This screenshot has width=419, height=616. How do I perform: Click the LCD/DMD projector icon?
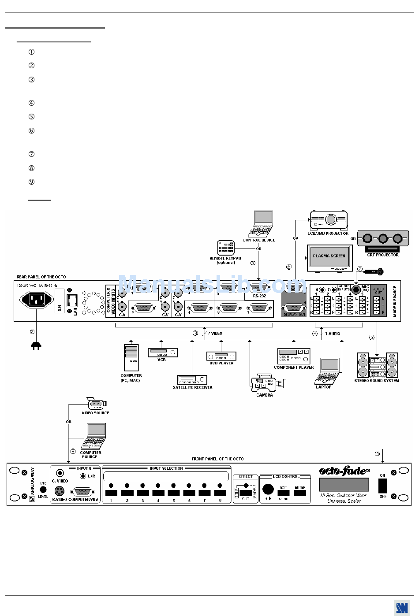pos(329,220)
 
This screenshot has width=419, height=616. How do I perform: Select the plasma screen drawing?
pos(329,257)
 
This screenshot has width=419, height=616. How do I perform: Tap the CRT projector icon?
pos(382,239)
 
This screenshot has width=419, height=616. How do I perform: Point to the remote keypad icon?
pos(225,248)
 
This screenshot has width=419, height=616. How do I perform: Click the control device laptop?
pos(262,224)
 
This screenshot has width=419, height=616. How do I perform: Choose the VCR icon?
pos(162,353)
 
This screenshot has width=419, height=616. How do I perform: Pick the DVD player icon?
pos(221,356)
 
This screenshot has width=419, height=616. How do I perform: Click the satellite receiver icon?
pos(192,379)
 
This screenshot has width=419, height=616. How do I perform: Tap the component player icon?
pos(294,356)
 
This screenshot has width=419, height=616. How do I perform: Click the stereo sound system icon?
pos(377,365)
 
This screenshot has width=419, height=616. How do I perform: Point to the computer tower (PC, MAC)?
pos(131,357)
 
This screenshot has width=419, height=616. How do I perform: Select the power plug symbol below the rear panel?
pos(36,346)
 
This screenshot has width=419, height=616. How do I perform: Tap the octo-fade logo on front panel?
pos(344,471)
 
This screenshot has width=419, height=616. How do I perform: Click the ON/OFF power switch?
pos(383,486)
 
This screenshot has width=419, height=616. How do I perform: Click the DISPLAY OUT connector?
pos(294,308)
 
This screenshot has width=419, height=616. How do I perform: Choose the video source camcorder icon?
pos(96,403)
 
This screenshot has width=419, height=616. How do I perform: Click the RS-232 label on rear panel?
pos(259,296)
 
